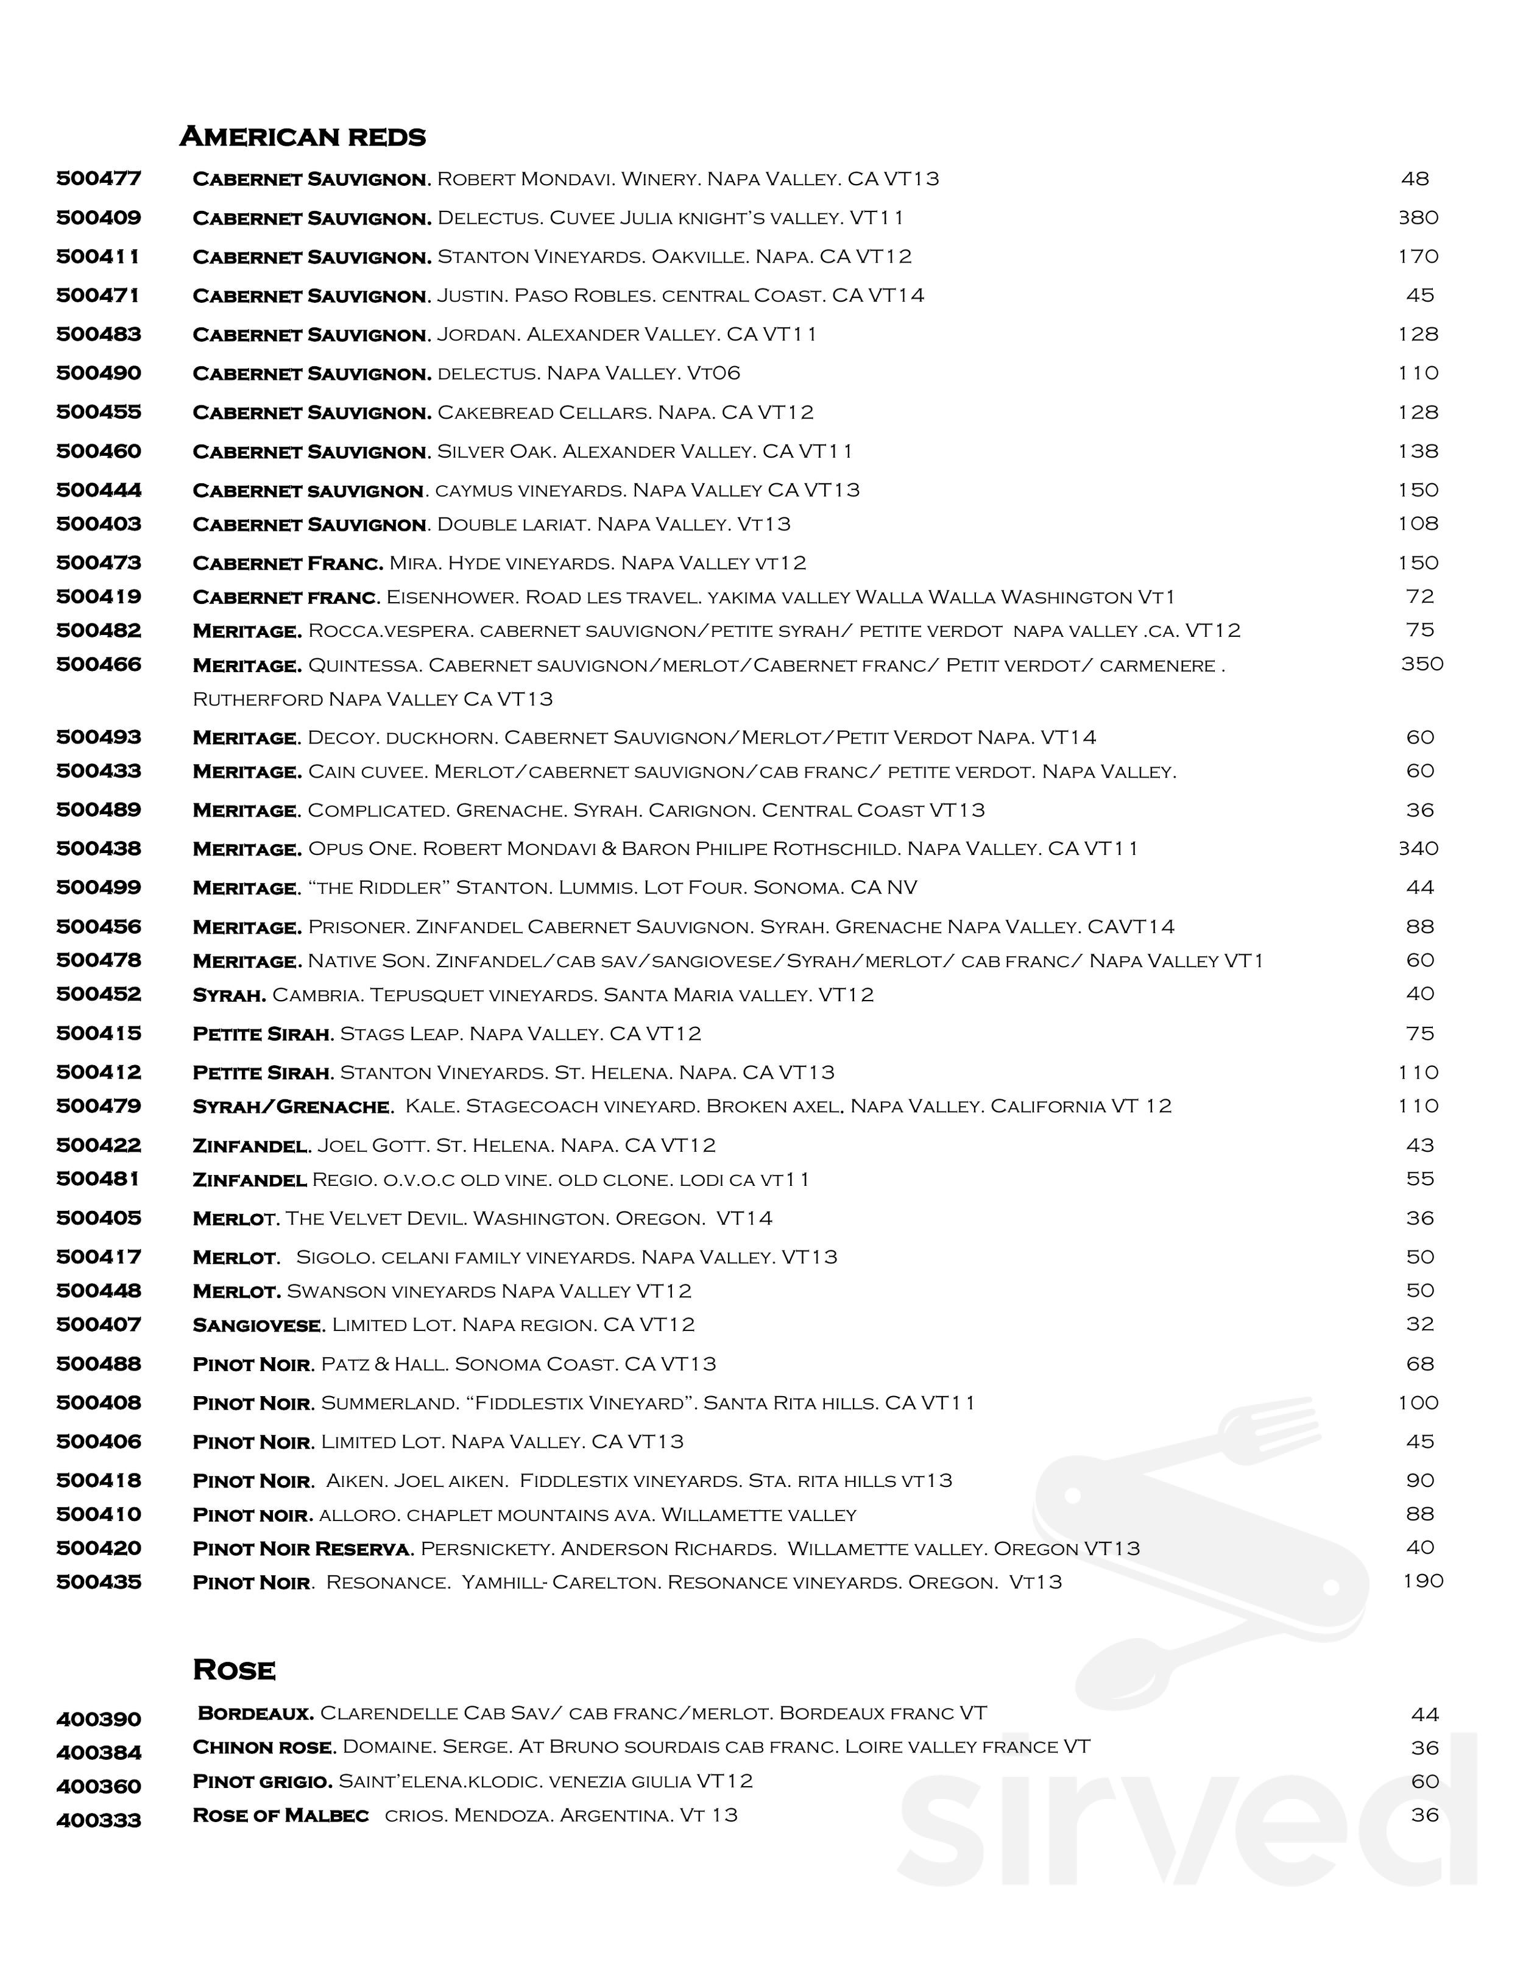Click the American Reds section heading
tap(302, 137)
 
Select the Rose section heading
tap(234, 1670)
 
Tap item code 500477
tap(99, 178)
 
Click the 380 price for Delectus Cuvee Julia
tap(1418, 218)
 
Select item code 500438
tap(99, 849)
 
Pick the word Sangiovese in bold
tap(257, 1325)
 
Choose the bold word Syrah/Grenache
tap(292, 1106)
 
